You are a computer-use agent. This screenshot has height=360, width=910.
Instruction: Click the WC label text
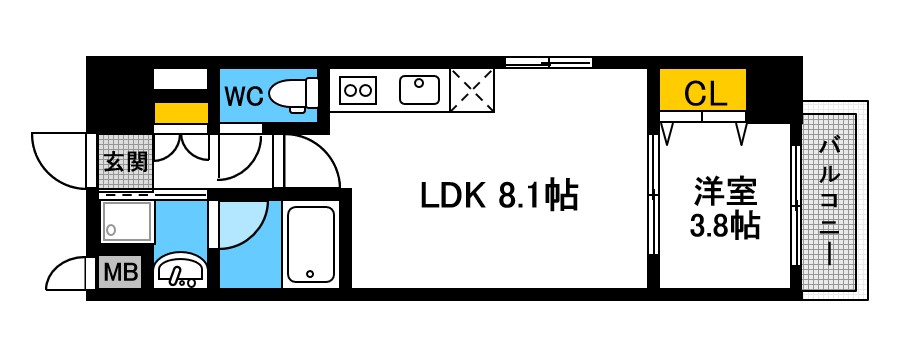click(x=243, y=96)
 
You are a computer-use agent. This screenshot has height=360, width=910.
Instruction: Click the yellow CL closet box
click(x=702, y=93)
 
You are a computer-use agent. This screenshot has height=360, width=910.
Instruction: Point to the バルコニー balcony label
click(x=829, y=200)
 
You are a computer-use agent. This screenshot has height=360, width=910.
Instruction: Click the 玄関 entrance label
click(x=125, y=160)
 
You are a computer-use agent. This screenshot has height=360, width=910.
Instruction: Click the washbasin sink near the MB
click(x=181, y=271)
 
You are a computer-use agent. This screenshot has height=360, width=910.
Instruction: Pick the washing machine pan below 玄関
click(x=126, y=220)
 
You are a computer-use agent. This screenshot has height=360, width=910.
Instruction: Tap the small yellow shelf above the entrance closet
click(x=180, y=112)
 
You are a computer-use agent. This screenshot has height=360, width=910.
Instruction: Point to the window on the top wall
click(x=548, y=62)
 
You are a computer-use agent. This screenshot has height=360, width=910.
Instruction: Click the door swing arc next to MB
click(x=72, y=272)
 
